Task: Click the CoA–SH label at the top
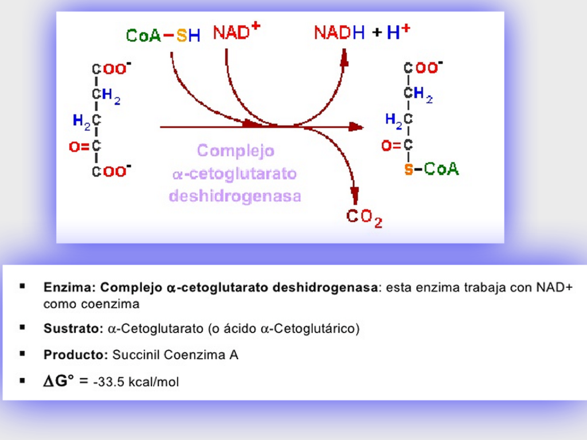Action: point(163,36)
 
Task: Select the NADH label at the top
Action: point(339,33)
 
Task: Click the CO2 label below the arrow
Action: point(364,218)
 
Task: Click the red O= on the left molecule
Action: point(79,147)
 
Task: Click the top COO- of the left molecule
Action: point(112,69)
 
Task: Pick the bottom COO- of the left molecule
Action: point(112,171)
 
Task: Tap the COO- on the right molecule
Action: point(423,68)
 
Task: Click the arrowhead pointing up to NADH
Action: point(345,57)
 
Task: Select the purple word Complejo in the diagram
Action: point(236,151)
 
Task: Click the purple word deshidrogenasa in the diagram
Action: point(235,196)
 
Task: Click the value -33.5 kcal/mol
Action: point(136,382)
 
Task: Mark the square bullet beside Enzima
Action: point(22,285)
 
